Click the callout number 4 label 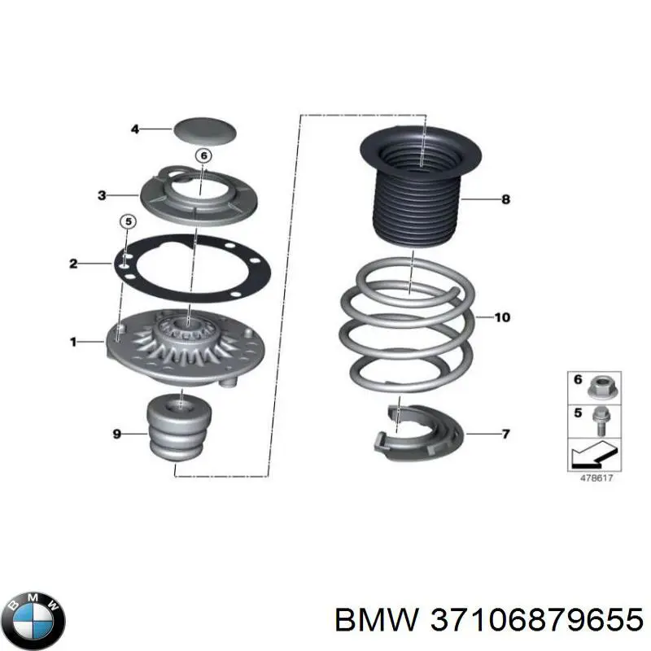tap(136, 129)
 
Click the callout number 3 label tap(102, 195)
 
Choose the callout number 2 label tap(73, 263)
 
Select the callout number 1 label tap(73, 343)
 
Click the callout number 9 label tap(116, 435)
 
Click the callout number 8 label tap(505, 199)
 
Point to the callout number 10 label tap(502, 317)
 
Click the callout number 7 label tap(506, 434)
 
